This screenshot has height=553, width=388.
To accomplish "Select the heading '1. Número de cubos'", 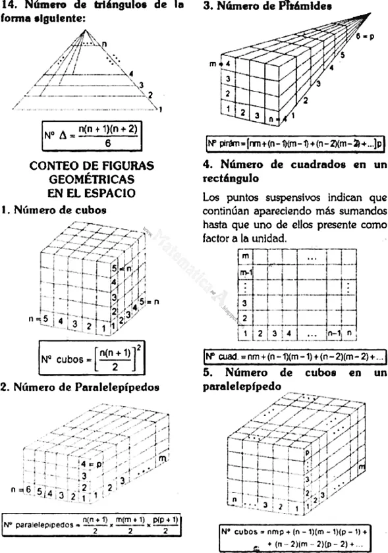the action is point(54,210).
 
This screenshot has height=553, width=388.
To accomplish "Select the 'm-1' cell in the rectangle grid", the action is point(246,271).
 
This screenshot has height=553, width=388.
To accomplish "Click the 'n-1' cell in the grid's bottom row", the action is point(334,332).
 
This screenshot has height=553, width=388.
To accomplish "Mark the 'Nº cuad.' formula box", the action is point(287,357).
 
